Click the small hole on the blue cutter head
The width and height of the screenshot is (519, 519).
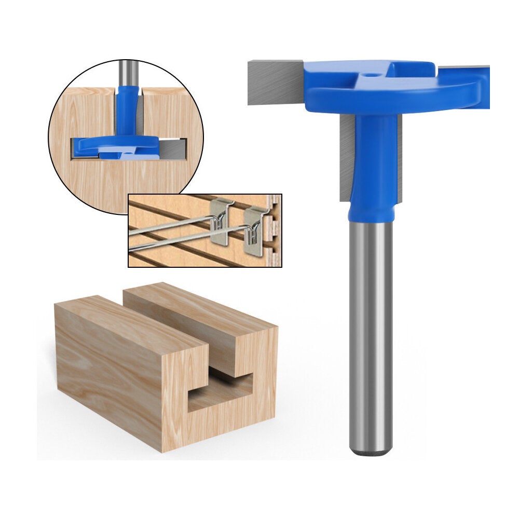368,75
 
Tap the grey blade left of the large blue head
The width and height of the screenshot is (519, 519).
275,83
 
